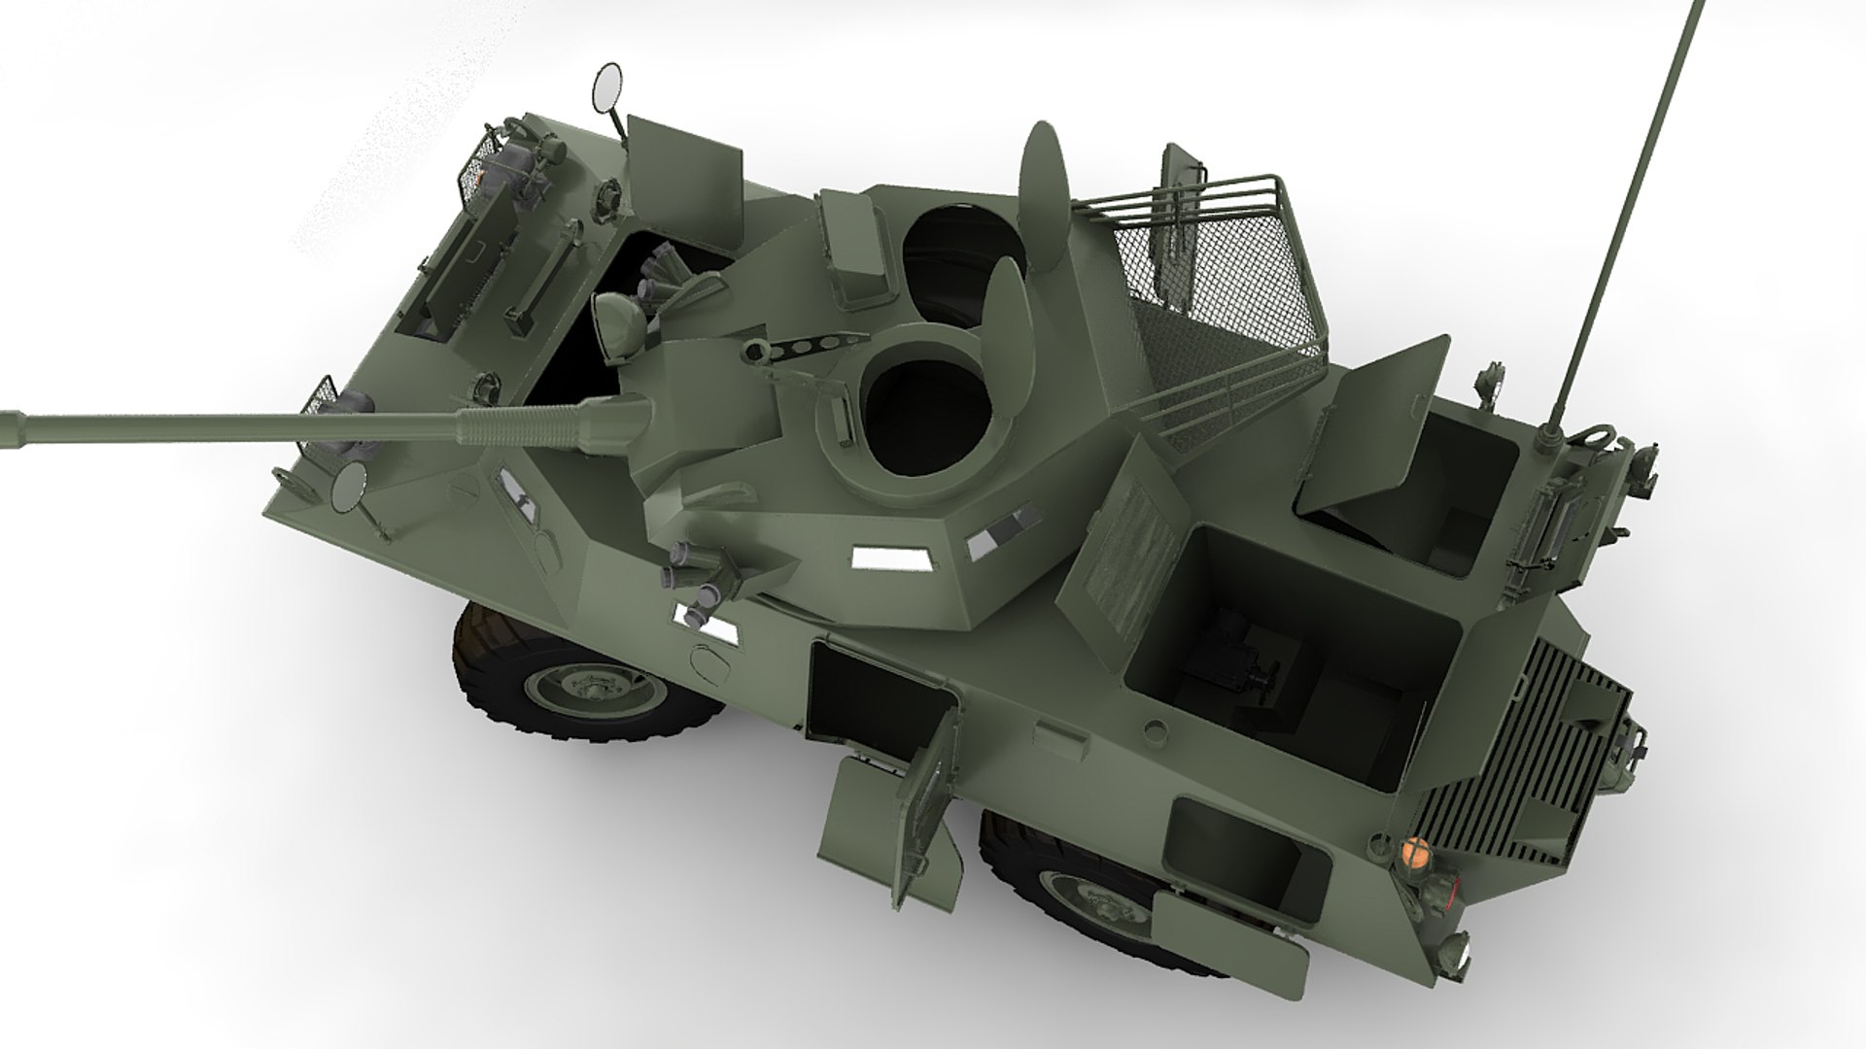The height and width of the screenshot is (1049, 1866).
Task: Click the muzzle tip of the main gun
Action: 8,430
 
